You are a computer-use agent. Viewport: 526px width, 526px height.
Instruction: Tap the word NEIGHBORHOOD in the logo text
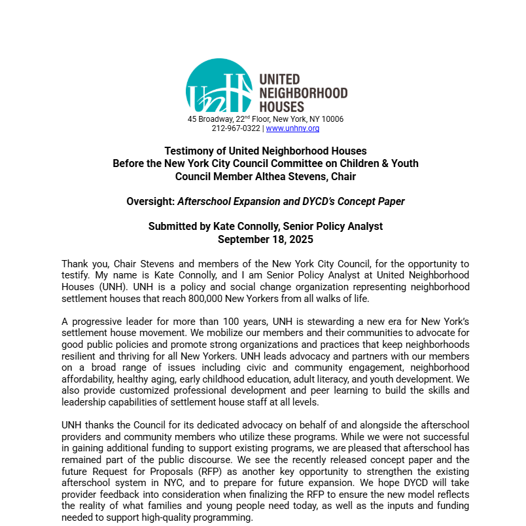pyautogui.click(x=304, y=93)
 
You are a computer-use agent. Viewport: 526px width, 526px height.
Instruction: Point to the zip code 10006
pyautogui.click(x=331, y=119)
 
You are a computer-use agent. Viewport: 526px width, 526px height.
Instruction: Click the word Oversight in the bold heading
pyautogui.click(x=150, y=202)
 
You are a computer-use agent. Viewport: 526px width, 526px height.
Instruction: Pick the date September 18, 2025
pyautogui.click(x=266, y=239)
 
